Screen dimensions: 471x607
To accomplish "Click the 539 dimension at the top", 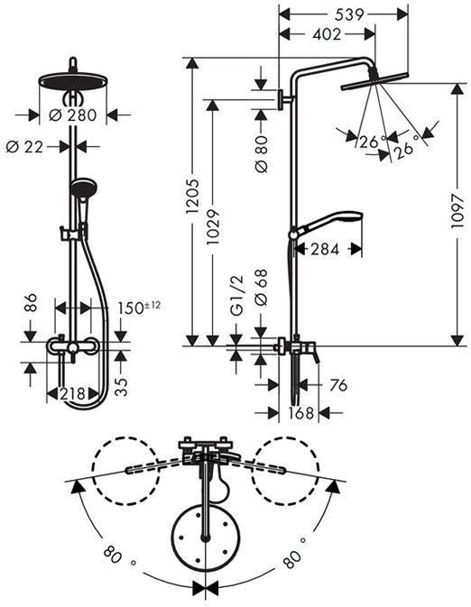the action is [x=349, y=14].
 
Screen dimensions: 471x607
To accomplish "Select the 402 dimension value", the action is [x=327, y=34].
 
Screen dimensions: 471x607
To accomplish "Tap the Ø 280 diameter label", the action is [x=73, y=115].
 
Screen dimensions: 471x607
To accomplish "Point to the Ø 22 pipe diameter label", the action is [x=24, y=147].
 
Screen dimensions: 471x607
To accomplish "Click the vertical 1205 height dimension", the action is [x=192, y=196].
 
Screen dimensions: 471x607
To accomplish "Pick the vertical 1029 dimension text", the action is [x=213, y=227].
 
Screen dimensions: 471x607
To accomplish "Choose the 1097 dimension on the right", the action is [x=457, y=211].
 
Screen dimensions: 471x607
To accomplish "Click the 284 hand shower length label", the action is [x=325, y=249].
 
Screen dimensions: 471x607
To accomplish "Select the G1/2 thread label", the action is [x=236, y=295].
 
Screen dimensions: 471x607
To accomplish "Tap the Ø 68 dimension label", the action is [x=262, y=287].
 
